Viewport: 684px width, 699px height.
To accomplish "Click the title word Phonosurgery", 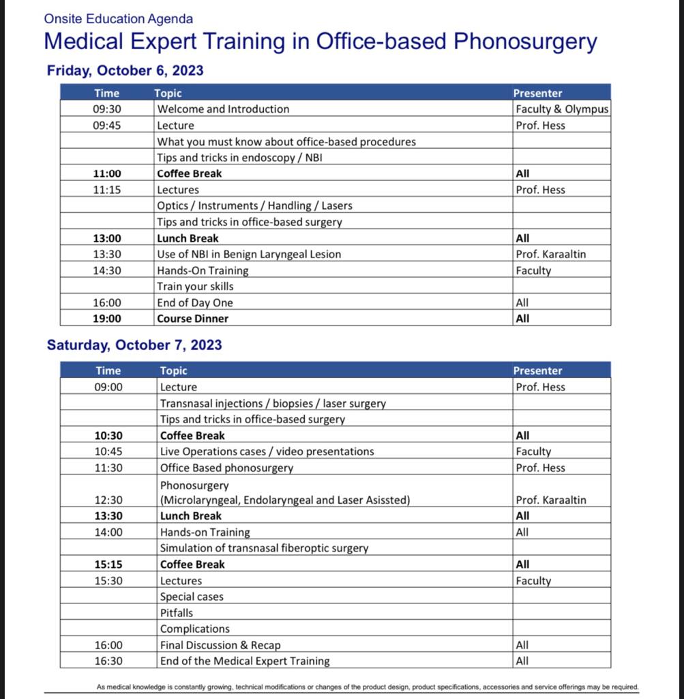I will coord(525,41).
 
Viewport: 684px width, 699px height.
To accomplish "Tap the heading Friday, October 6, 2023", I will coord(125,70).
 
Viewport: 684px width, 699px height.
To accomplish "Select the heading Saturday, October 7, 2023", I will coord(134,345).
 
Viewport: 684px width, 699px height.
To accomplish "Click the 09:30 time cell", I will coord(107,109).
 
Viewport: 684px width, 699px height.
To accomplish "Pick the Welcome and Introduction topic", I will coord(223,109).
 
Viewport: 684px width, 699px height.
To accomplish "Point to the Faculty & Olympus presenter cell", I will coord(562,109).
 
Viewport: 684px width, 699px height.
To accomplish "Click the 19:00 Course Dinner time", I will coord(107,319).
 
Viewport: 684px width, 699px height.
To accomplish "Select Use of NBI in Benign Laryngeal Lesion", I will coord(249,255).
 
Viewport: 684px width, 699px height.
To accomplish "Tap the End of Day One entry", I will coord(195,303).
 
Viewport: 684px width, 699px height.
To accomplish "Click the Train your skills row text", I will coord(195,287).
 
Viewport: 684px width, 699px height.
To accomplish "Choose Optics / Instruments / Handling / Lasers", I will coord(254,206).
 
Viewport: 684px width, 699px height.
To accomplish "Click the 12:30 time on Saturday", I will coord(108,500).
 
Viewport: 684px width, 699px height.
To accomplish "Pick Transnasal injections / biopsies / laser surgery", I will coord(273,403).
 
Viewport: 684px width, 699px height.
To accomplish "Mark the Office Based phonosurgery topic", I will coord(226,468).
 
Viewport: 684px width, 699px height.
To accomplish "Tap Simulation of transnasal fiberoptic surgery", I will coord(264,548).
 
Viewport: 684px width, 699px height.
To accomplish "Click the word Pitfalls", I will coord(177,613).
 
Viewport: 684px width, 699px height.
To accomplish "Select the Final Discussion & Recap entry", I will coord(220,645).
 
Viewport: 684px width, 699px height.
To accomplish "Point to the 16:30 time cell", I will coord(108,661).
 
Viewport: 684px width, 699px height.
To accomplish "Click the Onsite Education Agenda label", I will coord(118,19).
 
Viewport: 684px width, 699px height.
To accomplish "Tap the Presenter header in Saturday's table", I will coord(537,371).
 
